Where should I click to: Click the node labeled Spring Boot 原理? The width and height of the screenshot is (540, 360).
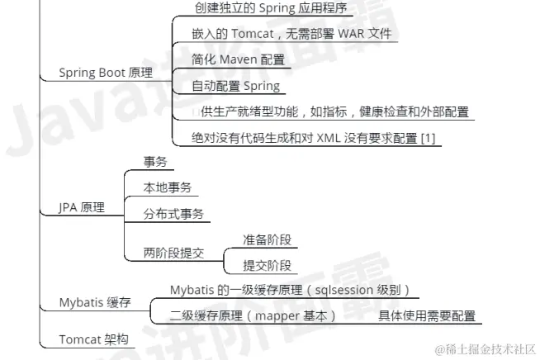click(106, 73)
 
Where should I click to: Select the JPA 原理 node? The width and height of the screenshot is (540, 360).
click(82, 208)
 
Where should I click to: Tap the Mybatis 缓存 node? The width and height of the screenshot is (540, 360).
click(95, 302)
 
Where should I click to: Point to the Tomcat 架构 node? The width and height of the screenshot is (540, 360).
click(93, 339)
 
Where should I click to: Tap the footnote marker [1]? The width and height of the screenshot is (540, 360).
click(427, 137)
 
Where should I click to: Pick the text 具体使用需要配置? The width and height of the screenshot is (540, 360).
click(427, 315)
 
